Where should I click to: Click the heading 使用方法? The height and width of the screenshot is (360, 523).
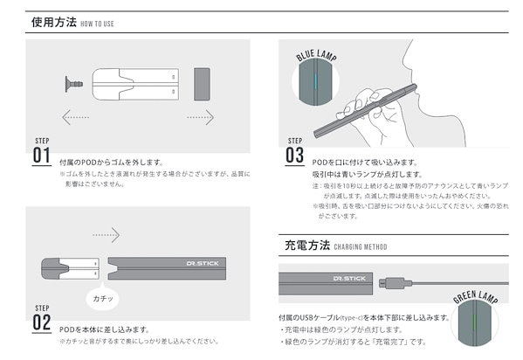[51, 23]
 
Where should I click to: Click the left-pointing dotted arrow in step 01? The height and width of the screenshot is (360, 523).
[75, 115]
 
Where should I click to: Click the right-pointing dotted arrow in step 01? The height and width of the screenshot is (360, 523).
[200, 115]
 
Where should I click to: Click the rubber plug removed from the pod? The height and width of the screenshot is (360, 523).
[72, 84]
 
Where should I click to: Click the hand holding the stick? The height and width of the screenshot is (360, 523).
[372, 109]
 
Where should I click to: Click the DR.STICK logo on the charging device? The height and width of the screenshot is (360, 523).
[348, 277]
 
